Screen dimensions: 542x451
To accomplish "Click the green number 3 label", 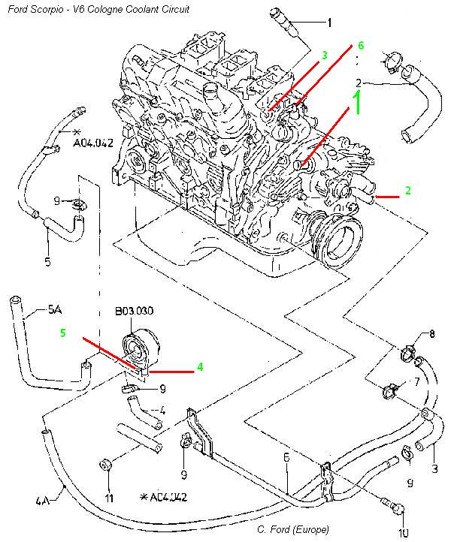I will (x=324, y=56).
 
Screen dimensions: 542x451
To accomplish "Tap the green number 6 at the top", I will (x=361, y=46).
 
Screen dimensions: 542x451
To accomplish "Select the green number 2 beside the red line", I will (x=407, y=191).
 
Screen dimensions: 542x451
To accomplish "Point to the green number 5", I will (x=63, y=331).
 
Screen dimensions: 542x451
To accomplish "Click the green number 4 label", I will (x=201, y=367).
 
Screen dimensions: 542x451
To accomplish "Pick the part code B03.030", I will (x=134, y=309).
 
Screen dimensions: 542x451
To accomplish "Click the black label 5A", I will (x=55, y=309).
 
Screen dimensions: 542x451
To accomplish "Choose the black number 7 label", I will (x=417, y=384).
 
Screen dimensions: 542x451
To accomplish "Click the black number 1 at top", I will (x=328, y=23).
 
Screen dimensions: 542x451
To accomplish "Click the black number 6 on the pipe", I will (x=286, y=456).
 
